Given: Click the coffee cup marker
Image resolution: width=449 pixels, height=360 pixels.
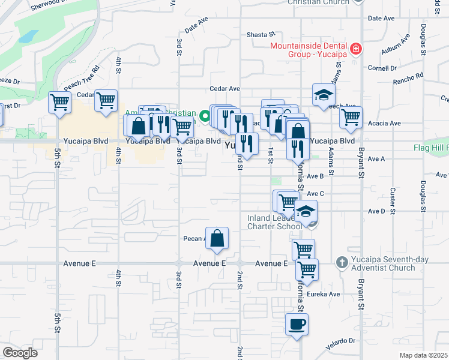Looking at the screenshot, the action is click(297, 325).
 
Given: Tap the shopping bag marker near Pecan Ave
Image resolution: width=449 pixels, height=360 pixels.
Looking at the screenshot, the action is click(217, 238).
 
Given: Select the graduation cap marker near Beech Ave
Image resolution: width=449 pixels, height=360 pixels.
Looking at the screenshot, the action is click(323, 95).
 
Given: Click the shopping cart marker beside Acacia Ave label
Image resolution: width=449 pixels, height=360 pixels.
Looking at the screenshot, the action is click(351, 118).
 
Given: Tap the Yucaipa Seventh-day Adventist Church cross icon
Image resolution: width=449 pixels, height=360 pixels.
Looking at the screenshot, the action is click(342, 262).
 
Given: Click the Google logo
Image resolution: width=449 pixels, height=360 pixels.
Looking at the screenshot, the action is click(20, 353).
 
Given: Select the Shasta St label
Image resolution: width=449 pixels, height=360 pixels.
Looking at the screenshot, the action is click(261, 35).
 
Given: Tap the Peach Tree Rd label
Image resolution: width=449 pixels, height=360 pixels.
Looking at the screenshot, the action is click(82, 83).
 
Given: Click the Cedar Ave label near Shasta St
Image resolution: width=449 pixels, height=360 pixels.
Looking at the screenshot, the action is click(220, 88).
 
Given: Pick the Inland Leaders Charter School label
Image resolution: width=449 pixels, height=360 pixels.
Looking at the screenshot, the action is click(274, 222).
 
